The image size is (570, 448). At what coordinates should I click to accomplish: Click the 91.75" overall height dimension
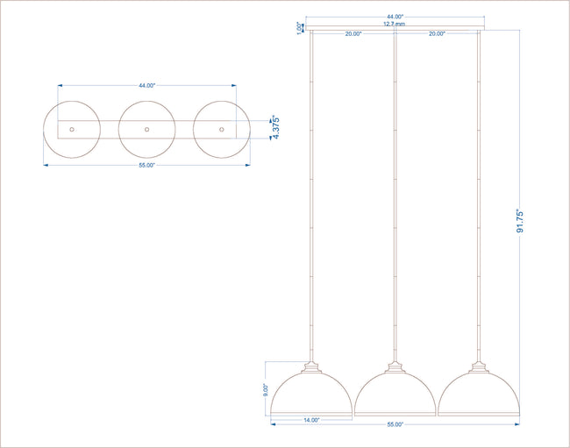point(520,221)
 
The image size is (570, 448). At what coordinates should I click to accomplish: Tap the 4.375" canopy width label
point(276,127)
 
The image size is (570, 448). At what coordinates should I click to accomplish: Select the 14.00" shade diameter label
point(311,420)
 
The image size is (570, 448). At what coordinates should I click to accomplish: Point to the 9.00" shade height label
point(266,390)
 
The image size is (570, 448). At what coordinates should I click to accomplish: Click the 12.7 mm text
point(395,24)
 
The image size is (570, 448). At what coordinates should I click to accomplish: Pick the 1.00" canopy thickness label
point(300,28)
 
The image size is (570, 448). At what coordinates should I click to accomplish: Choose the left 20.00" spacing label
point(353,34)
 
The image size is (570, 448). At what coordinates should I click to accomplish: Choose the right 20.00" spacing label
point(437,33)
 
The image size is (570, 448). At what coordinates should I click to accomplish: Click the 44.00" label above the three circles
point(146,85)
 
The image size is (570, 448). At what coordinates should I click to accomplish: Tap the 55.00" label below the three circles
point(146,165)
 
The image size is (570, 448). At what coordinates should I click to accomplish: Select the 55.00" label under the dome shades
point(395,424)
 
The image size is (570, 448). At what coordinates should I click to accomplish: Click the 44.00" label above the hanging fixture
point(395,17)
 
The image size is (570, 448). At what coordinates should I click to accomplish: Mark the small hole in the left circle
point(72,130)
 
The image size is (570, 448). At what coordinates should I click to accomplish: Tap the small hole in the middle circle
point(146,130)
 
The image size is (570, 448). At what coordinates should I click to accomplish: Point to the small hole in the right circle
point(222,130)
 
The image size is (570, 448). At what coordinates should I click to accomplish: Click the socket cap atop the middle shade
point(395,367)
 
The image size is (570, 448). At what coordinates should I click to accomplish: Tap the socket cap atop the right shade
point(479,367)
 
